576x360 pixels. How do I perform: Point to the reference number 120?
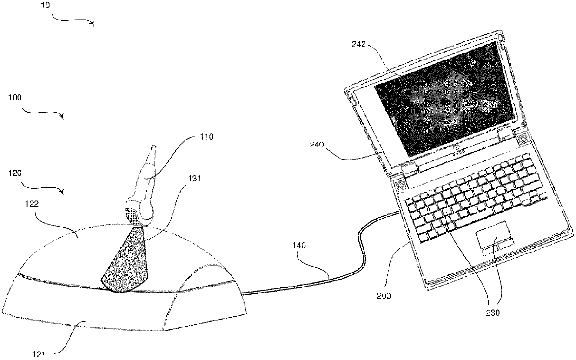[x=15, y=173]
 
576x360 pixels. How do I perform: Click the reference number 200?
[x=384, y=295]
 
